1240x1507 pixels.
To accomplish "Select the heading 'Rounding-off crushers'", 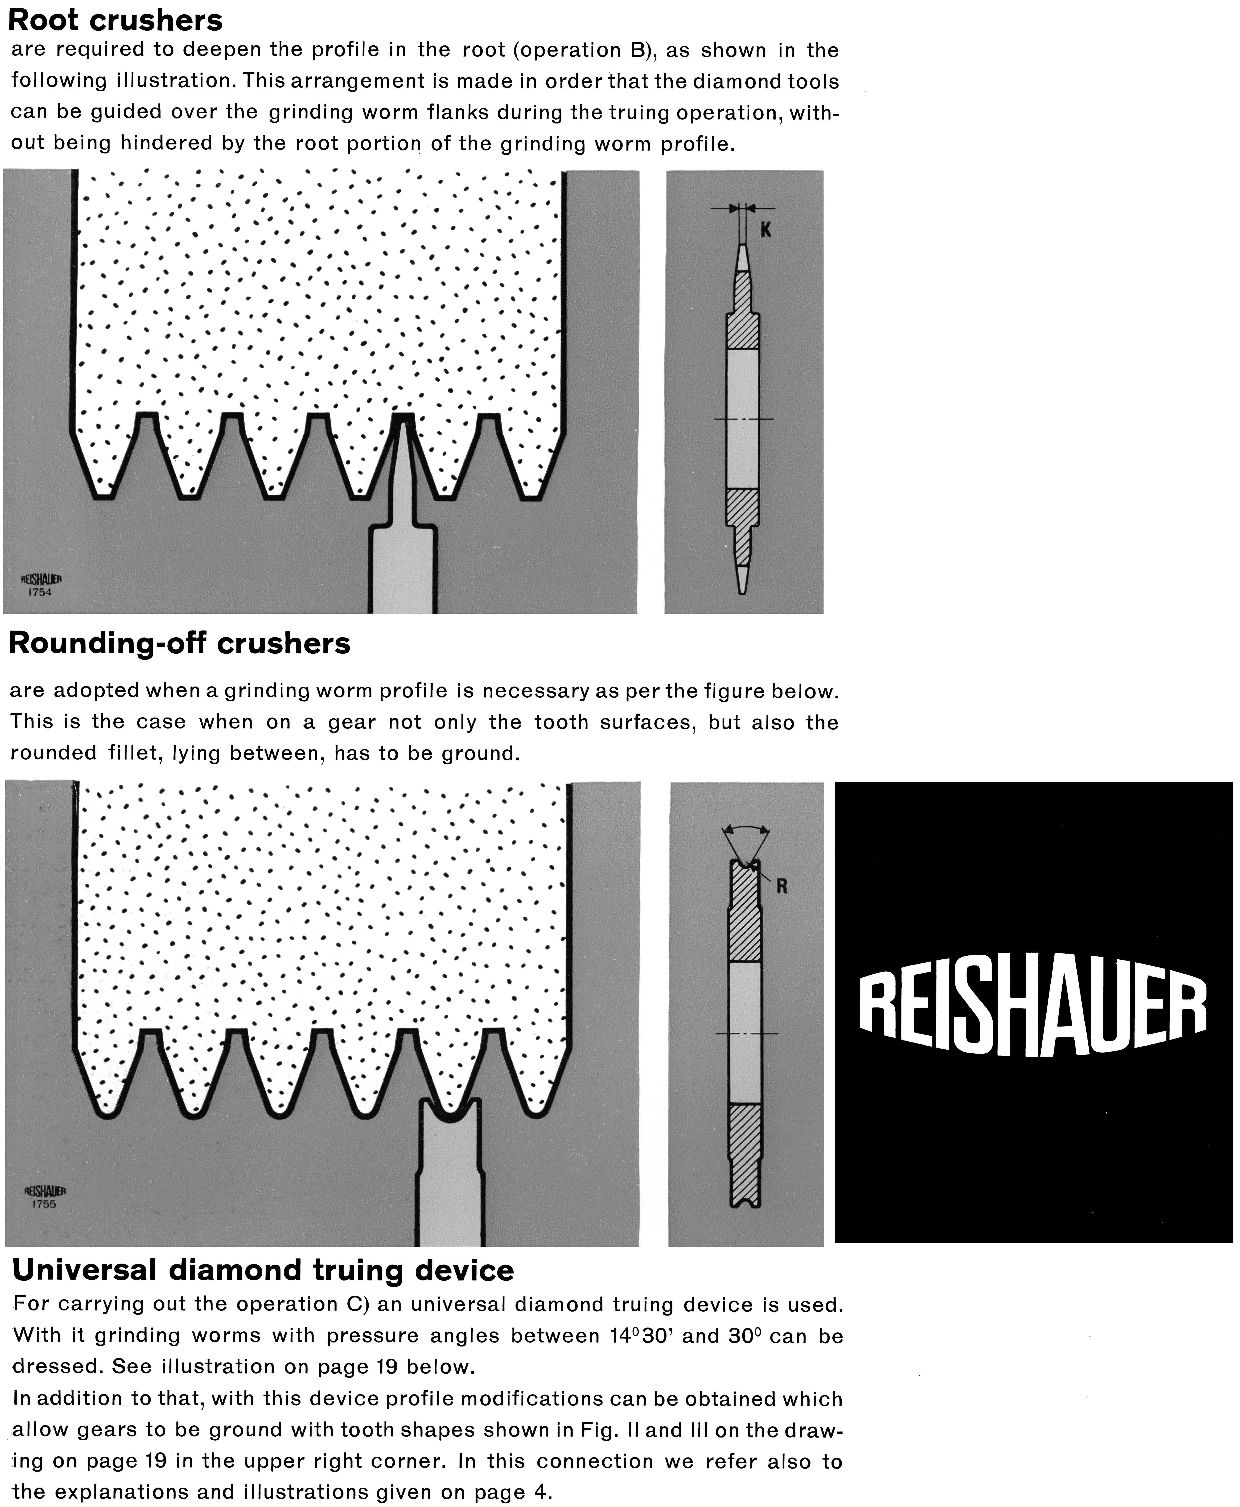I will [x=179, y=644].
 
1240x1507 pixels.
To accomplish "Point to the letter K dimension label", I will [x=766, y=230].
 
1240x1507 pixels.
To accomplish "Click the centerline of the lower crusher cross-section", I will [x=746, y=1033].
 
